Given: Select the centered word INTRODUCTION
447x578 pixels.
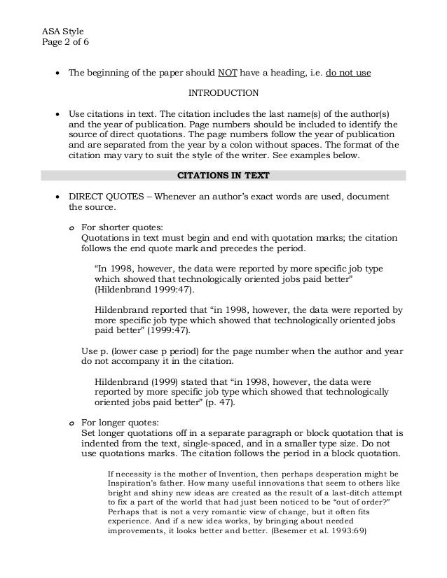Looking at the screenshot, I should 224,92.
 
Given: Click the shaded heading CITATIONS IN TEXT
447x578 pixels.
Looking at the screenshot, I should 223,175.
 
